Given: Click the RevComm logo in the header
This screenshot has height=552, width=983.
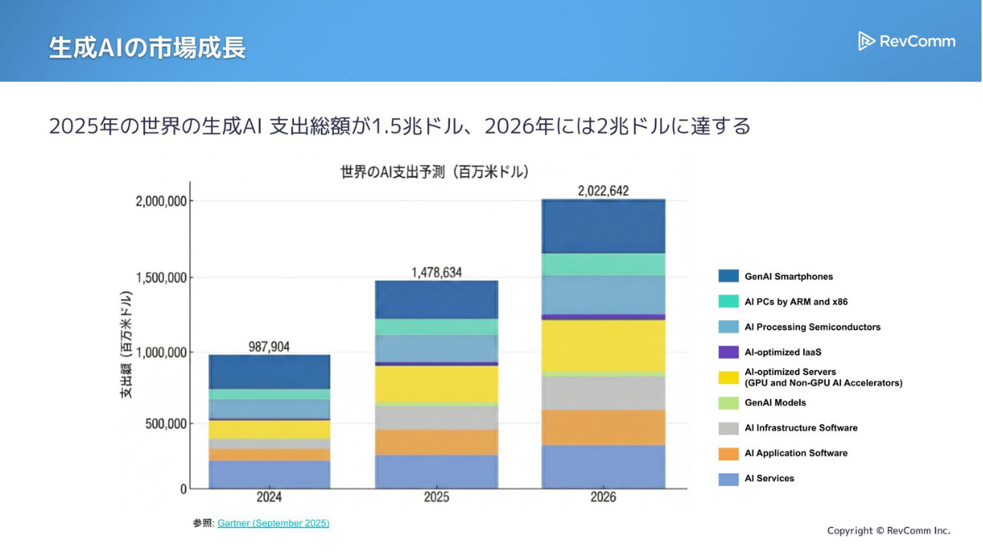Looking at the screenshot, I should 907,41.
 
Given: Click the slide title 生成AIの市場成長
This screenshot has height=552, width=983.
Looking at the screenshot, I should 147,48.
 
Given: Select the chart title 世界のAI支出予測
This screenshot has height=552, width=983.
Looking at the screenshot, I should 435,172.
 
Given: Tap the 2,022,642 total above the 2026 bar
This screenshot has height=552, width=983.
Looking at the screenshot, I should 603,191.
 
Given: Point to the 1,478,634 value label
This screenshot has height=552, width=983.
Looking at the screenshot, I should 436,272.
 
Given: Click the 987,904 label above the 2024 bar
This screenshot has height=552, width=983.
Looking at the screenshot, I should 269,347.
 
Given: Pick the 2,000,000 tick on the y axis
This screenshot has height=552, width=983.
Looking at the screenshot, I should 160,201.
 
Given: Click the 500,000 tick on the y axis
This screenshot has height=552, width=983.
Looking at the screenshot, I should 166,423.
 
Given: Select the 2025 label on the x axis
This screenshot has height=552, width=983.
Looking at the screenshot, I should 436,497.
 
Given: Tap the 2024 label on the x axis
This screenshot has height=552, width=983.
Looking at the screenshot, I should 269,497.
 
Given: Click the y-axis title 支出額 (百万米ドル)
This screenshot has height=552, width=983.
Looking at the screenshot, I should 126,345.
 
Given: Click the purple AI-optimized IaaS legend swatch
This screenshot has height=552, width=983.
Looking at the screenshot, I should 728,352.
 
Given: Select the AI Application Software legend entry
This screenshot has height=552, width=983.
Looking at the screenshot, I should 795,453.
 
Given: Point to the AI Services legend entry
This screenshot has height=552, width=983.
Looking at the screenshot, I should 769,479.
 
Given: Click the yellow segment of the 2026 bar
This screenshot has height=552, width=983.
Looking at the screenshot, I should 603,345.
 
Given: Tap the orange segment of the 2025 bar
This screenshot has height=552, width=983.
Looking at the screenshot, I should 436,442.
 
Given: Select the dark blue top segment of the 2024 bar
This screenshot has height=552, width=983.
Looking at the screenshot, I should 269,372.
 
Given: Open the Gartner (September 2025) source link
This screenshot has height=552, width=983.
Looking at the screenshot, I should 273,523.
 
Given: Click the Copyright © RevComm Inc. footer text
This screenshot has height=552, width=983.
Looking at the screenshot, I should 888,531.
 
